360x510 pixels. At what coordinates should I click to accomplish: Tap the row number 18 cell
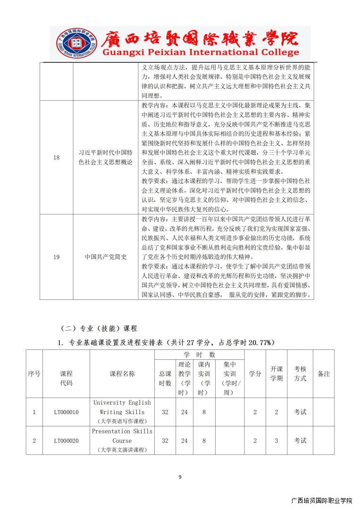coord(56,157)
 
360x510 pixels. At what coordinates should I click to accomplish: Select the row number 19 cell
coord(56,257)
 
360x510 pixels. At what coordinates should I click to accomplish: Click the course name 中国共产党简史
coord(106,257)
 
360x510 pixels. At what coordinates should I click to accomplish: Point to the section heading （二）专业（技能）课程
coord(99,328)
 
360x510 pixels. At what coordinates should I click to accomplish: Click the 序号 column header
coord(34,374)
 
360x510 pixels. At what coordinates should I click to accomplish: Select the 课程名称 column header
coord(122,374)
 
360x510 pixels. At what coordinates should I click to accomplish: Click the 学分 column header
coord(255,374)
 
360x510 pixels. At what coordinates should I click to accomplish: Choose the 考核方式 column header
coord(300,374)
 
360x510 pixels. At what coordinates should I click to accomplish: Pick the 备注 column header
coord(324,374)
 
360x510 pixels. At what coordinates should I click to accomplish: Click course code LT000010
coord(66,412)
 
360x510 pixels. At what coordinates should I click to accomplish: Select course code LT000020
coord(66,441)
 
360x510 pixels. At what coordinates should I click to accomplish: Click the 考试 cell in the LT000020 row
coord(300,441)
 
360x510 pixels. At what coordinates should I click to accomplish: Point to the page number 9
coord(180,477)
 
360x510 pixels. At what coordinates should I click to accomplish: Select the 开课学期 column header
coord(276,374)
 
